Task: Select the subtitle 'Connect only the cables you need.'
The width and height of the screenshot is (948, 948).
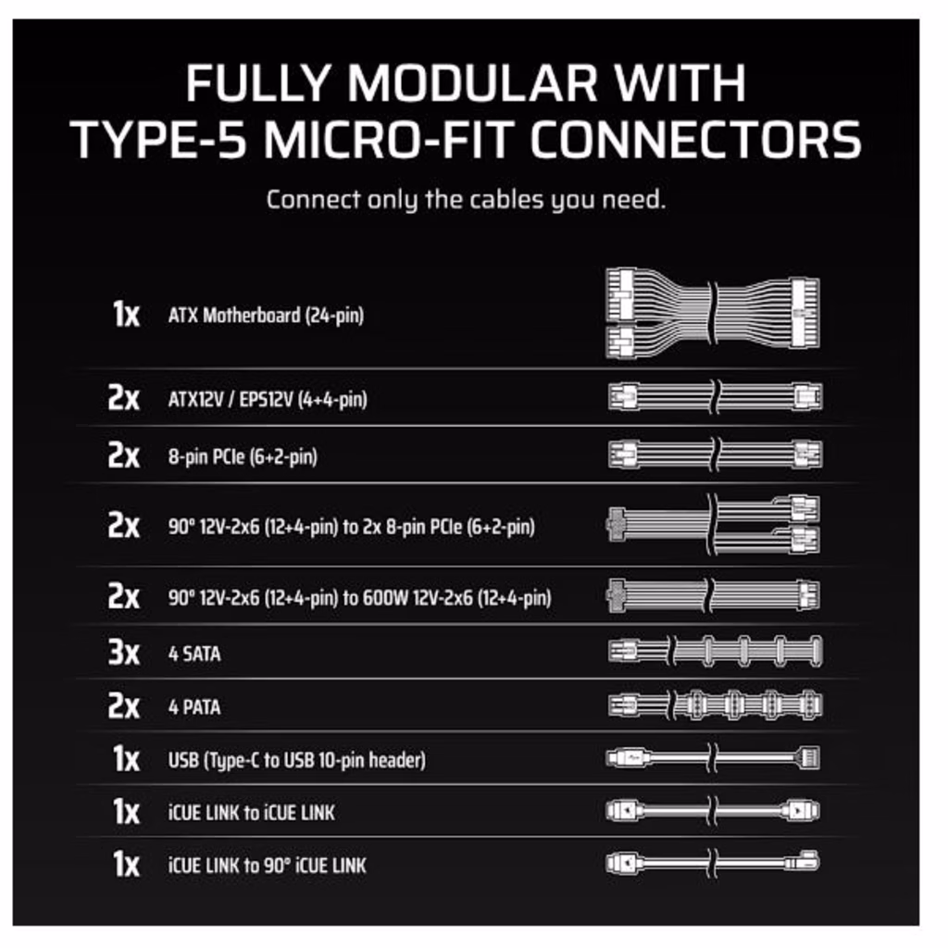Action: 467,200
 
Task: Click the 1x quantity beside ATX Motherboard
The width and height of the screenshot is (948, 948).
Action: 126,315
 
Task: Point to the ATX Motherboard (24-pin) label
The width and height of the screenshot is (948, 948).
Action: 266,316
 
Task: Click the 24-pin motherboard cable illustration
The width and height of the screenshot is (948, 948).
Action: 713,313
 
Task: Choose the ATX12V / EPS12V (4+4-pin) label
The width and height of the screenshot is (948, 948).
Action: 268,400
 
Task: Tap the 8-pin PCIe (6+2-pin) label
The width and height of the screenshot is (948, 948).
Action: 243,457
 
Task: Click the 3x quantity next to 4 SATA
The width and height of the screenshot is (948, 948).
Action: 124,653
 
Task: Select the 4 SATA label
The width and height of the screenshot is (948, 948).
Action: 194,654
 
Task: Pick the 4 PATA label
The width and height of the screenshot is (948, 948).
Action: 194,706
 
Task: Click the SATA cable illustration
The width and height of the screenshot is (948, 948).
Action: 716,651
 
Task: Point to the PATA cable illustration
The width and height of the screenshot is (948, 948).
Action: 716,705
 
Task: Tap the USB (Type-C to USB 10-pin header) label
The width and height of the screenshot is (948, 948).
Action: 297,760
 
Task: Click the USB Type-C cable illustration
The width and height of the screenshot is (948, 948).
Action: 713,757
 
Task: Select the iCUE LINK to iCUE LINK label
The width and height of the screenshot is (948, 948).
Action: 252,813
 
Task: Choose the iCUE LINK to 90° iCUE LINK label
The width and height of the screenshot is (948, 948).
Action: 268,866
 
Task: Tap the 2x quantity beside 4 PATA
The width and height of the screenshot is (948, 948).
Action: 124,705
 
